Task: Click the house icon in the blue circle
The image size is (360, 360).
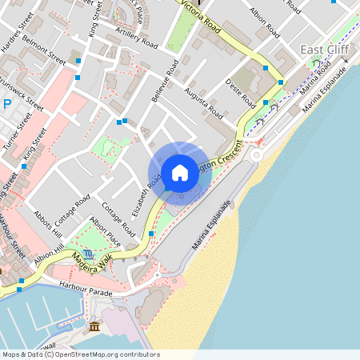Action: click(x=180, y=172)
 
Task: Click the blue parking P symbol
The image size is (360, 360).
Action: click(x=6, y=104)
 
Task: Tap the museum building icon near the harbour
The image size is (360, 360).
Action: click(x=94, y=327)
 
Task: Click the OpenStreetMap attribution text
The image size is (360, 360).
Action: click(x=80, y=354)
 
